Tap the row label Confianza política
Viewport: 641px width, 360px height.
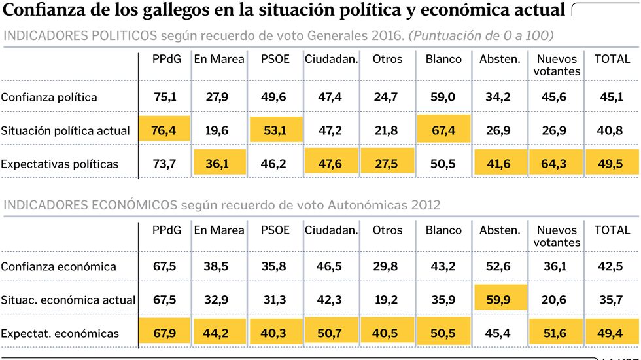[49, 98]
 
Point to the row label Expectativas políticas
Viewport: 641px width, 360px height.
[60, 164]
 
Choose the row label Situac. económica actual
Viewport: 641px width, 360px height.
[68, 300]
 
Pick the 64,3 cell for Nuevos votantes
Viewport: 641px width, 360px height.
[555, 164]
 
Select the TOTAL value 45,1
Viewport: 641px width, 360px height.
[612, 98]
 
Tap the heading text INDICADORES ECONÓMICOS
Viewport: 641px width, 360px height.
[90, 205]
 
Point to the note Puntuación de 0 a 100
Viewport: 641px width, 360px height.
[481, 35]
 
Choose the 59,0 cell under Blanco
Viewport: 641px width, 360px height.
[442, 98]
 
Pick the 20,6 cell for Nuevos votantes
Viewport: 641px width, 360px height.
[555, 300]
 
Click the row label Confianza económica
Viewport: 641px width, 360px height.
[58, 267]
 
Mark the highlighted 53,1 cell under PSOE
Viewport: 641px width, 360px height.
[273, 130]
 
